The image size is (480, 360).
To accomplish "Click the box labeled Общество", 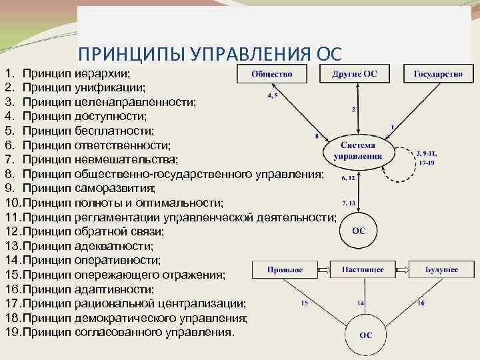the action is click(272, 74).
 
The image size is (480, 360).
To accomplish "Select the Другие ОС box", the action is click(355, 74).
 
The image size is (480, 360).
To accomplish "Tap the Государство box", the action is click(438, 74).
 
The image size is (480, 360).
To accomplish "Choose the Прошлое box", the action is click(285, 270).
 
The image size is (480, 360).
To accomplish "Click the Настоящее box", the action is click(363, 270).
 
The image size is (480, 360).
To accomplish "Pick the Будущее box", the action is click(442, 270).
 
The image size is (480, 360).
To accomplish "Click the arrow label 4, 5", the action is click(273, 96).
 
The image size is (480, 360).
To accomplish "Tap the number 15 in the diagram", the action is click(304, 303).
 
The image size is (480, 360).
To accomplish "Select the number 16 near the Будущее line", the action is click(421, 303).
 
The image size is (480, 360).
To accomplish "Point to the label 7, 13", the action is click(349, 202).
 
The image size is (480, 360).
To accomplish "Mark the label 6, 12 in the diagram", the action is click(348, 178).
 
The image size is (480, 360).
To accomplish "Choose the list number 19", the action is click(12, 331).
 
